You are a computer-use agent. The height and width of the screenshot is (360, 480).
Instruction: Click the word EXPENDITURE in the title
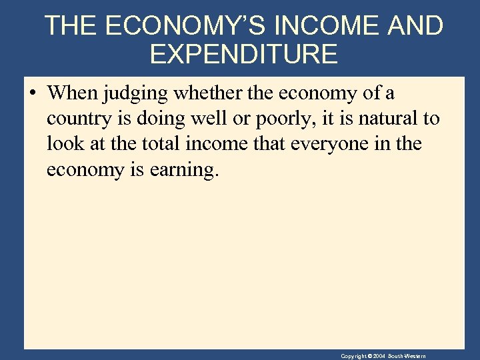click(243, 54)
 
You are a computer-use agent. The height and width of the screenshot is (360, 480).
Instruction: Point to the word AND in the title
click(413, 26)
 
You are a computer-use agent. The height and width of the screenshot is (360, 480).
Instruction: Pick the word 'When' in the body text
click(71, 93)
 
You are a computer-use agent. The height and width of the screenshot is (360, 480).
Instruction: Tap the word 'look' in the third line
click(63, 144)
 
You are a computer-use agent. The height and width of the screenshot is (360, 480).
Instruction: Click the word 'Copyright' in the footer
click(353, 357)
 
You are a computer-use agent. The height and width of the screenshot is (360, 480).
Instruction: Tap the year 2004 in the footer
click(379, 357)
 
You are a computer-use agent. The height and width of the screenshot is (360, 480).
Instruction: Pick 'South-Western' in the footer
click(408, 357)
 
